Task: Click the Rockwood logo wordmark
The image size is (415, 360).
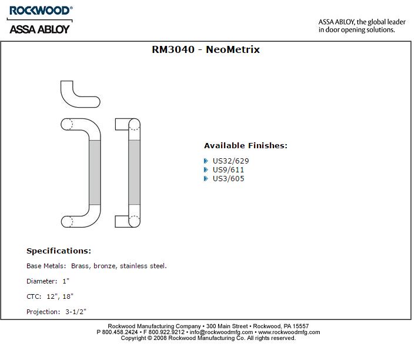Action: [x=40, y=11]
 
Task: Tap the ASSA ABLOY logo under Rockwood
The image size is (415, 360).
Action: [x=40, y=28]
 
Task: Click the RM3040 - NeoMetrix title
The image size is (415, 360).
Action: [x=206, y=50]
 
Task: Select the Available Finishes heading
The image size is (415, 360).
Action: [x=246, y=146]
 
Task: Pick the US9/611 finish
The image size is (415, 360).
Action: [x=228, y=170]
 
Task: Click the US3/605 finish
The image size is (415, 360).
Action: [x=228, y=179]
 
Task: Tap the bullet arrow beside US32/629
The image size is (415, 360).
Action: [x=206, y=161]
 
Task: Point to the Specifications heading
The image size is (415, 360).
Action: [x=59, y=251]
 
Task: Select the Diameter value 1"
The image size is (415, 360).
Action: [x=66, y=282]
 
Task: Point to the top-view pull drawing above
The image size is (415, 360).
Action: [x=79, y=95]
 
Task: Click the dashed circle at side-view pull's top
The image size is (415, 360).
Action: [x=68, y=124]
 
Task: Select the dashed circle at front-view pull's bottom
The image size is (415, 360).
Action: [x=134, y=221]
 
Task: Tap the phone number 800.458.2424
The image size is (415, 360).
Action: [x=121, y=332]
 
